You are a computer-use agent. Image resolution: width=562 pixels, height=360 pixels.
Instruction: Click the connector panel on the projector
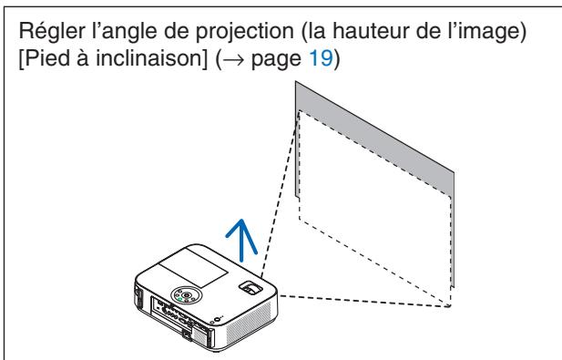[x=173, y=318]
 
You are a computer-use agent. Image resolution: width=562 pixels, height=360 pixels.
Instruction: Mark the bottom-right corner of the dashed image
[x=450, y=305]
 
